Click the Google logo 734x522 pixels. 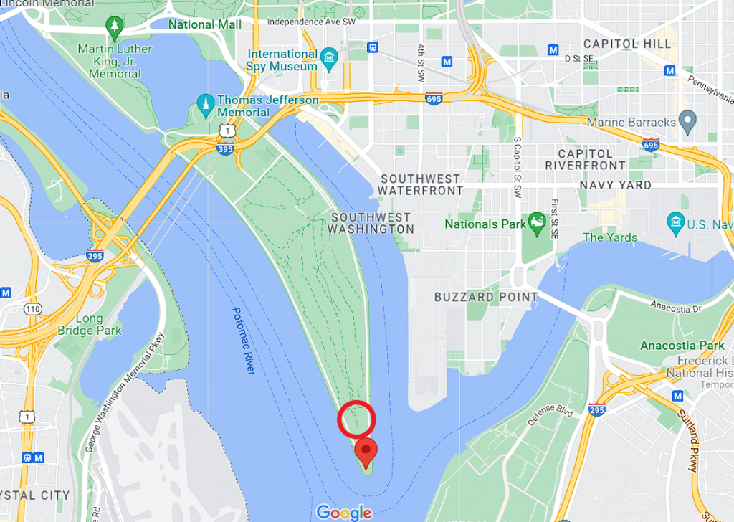(344, 512)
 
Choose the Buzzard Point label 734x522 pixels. (486, 296)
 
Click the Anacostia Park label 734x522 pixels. (682, 346)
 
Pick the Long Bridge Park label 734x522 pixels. (99, 325)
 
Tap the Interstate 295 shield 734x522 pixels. (596, 410)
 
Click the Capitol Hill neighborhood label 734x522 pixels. (627, 44)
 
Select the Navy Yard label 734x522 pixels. (616, 185)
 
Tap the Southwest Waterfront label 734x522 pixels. (421, 185)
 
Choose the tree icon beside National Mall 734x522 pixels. (114, 26)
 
